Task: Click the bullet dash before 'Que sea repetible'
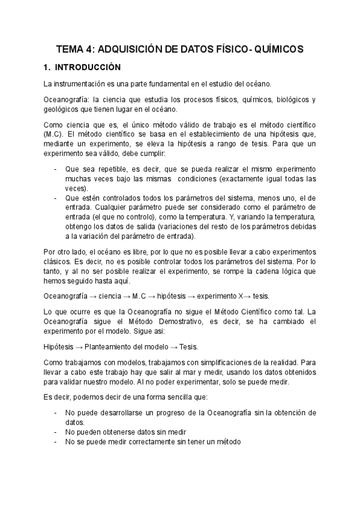[55, 170]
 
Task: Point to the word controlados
[125, 197]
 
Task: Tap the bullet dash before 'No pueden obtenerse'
[55, 432]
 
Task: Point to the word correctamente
[140, 441]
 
